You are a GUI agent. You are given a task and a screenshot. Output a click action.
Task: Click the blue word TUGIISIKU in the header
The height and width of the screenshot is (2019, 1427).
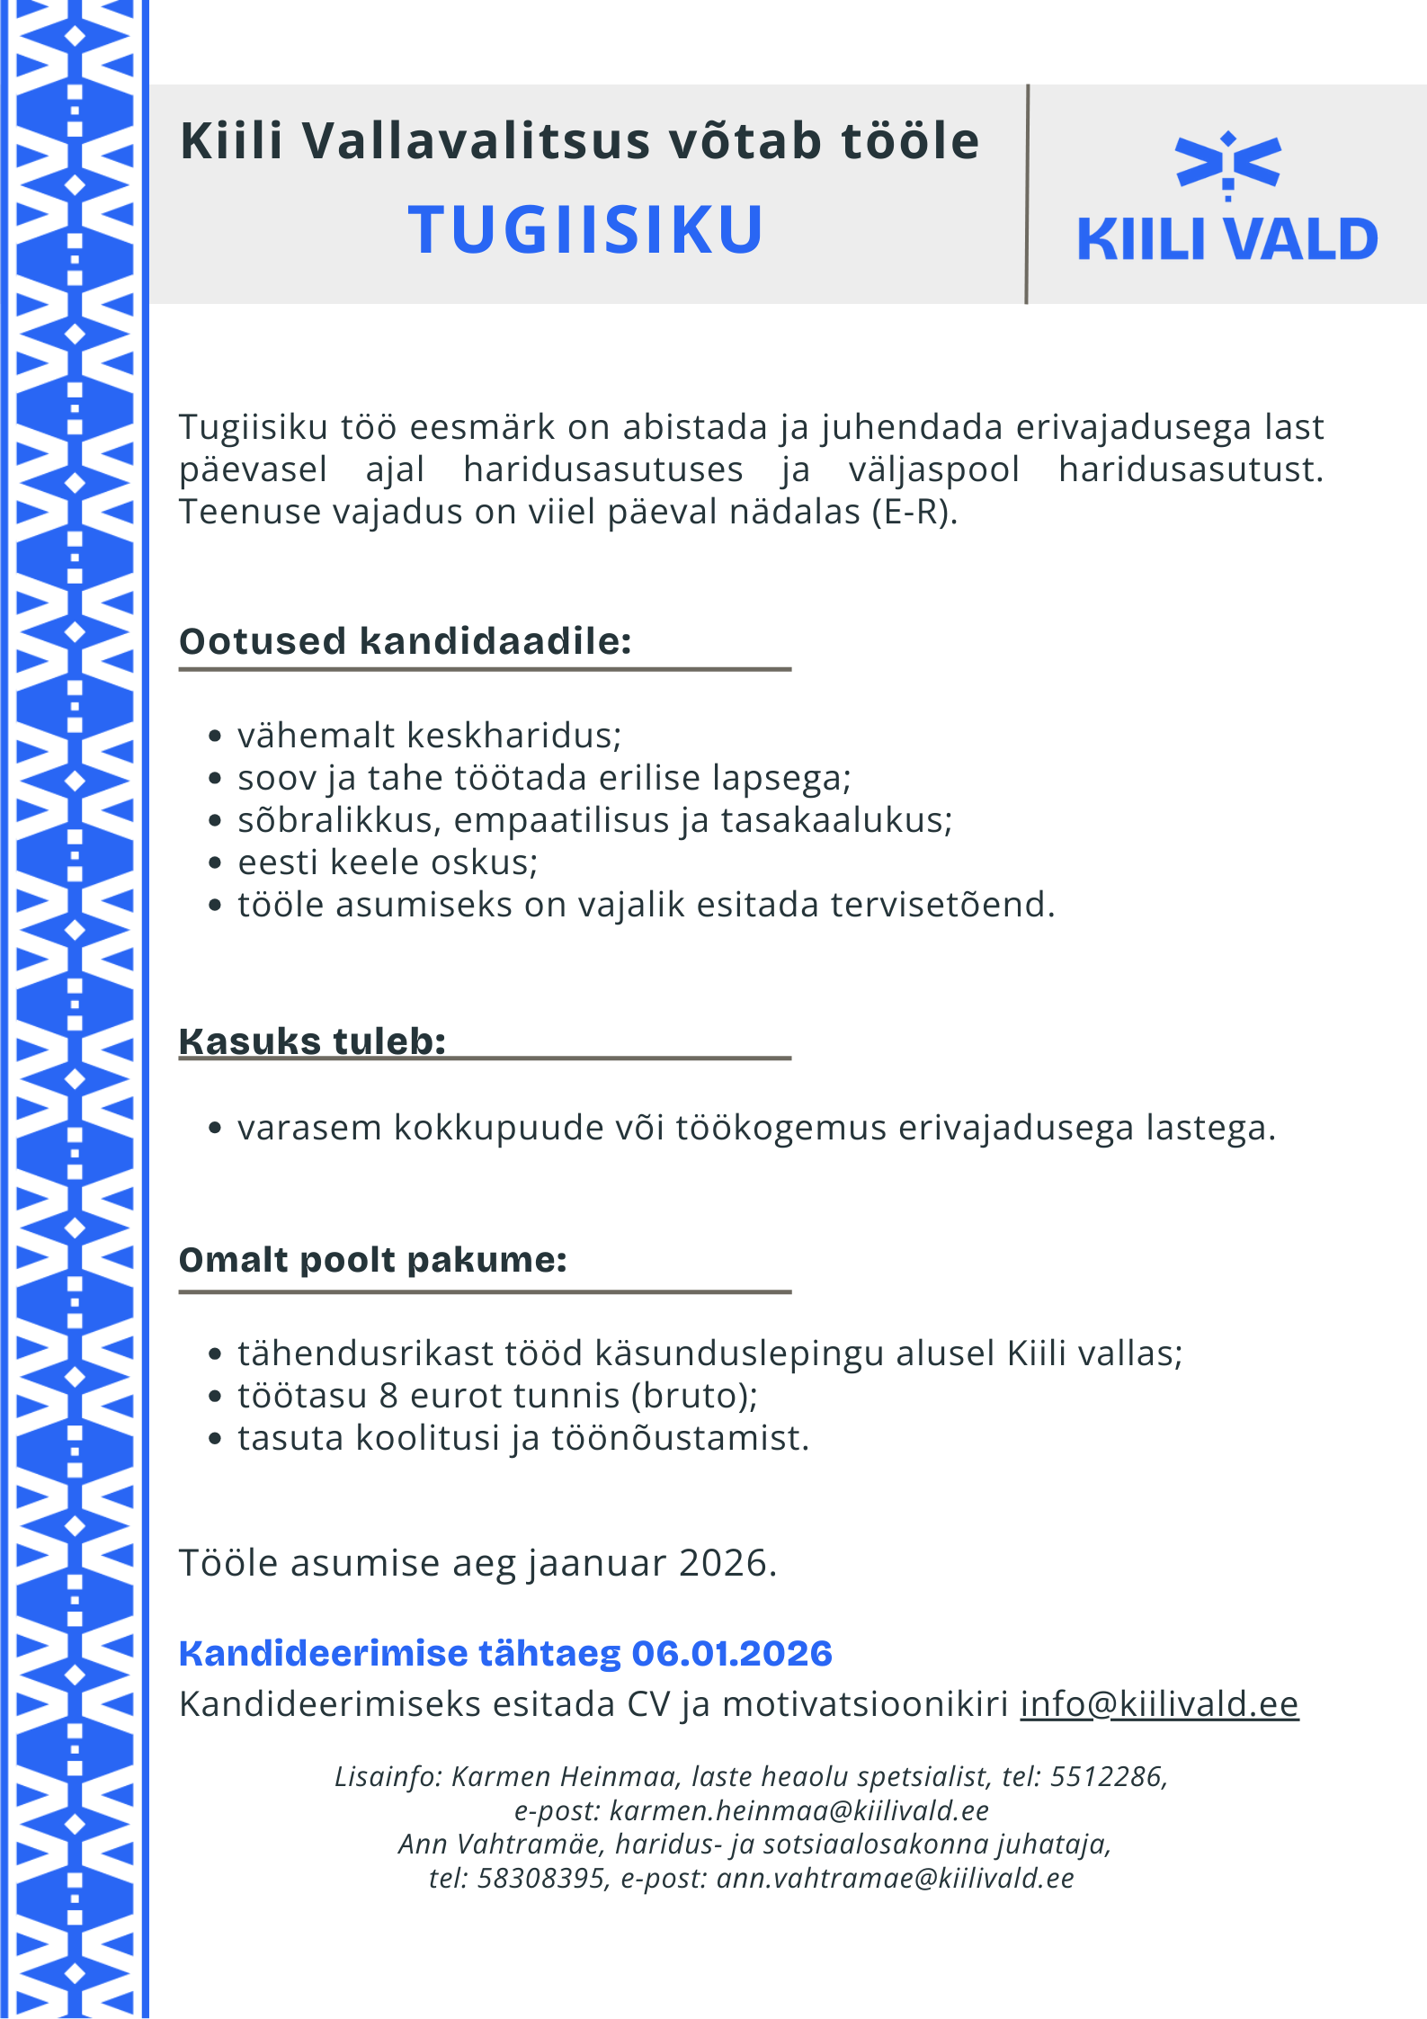pos(585,229)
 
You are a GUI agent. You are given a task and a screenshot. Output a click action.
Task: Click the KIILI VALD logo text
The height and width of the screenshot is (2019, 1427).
pos(1227,239)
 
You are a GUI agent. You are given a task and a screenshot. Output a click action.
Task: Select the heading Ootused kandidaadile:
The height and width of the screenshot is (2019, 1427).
pos(406,641)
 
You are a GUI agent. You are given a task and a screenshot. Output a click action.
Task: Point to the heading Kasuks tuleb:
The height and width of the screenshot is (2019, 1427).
pos(313,1041)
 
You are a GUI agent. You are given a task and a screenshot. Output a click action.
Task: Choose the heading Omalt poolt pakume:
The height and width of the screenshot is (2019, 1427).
pos(373,1259)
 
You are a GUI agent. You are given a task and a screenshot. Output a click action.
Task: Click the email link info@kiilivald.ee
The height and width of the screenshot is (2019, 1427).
pos(1159,1703)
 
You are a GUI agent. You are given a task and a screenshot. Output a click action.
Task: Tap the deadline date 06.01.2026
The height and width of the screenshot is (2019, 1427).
pos(732,1653)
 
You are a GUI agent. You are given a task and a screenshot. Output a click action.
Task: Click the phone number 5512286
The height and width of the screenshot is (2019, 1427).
pos(1106,1776)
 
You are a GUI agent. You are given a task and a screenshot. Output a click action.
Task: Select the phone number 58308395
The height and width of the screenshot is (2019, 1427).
pos(541,1878)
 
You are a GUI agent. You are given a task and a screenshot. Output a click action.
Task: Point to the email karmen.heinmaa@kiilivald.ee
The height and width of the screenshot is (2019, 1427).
pos(798,1809)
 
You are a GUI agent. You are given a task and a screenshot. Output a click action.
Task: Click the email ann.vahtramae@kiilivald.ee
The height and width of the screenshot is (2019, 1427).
pos(895,1878)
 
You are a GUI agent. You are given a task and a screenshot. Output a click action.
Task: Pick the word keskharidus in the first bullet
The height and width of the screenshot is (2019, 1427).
pos(513,736)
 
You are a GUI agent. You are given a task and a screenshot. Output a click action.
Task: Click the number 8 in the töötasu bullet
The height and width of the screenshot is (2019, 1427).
pos(388,1396)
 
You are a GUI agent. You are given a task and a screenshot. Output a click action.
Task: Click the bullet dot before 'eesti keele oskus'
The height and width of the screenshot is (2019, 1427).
pos(214,862)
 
